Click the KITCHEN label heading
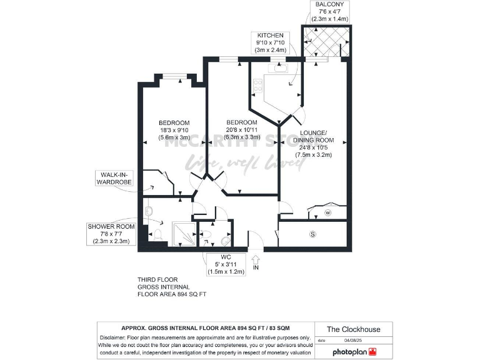point(270,35)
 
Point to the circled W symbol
point(327,213)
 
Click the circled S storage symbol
point(312,235)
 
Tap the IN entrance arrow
point(256,257)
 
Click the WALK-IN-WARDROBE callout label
point(114,178)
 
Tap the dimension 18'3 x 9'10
point(174,131)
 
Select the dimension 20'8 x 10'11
point(242,131)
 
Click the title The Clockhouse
point(354,329)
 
